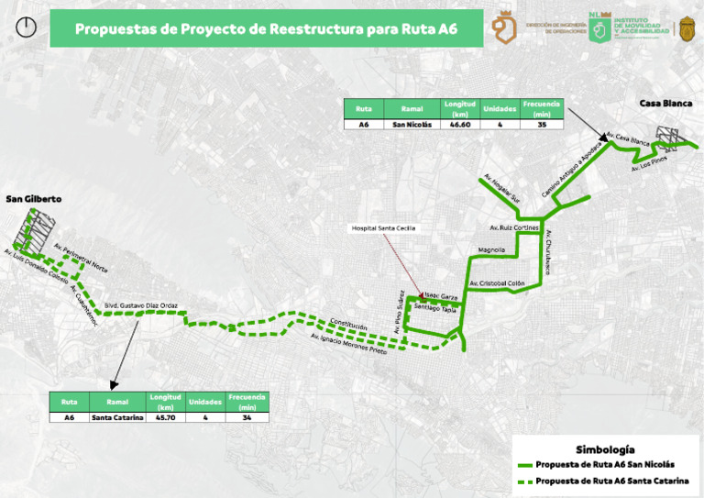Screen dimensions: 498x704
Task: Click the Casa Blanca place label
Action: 665,103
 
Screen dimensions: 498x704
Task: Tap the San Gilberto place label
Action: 33,198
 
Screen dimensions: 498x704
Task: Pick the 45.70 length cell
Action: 165,417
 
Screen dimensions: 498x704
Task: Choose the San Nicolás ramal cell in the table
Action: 405,124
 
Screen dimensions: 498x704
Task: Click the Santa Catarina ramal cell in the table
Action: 117,417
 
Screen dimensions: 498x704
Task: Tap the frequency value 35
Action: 542,124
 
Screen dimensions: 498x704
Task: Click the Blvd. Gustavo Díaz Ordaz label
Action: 140,305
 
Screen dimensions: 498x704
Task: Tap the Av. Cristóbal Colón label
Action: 496,284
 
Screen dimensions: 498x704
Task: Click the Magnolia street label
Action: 491,249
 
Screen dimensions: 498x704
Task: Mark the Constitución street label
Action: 348,326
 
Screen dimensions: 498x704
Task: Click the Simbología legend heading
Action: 604,449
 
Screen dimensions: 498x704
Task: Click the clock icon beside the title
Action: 27,28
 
